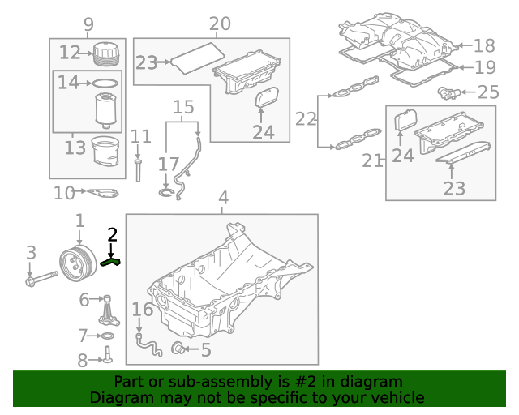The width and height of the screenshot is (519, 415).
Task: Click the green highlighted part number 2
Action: pyautogui.click(x=111, y=261)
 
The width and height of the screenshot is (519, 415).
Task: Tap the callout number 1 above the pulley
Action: pyautogui.click(x=79, y=220)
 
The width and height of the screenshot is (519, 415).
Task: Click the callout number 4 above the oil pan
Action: pyautogui.click(x=223, y=198)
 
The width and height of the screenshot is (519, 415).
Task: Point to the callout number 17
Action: pyautogui.click(x=168, y=164)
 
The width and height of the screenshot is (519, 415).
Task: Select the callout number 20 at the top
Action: pyautogui.click(x=219, y=24)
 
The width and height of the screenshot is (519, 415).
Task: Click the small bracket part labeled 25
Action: pyautogui.click(x=448, y=92)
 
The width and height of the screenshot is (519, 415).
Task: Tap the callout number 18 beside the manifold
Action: pyautogui.click(x=483, y=46)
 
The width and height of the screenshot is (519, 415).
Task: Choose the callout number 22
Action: pyautogui.click(x=306, y=119)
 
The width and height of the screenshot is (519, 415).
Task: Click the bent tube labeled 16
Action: pyautogui.click(x=146, y=344)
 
